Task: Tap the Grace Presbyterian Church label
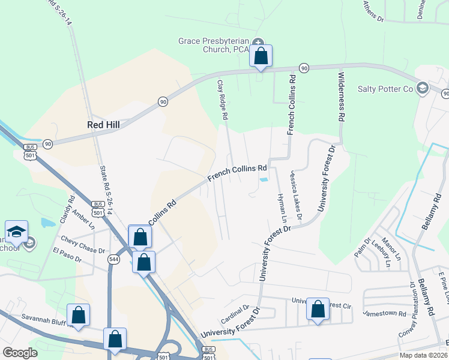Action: (214, 45)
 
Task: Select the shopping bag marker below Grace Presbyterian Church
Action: (261, 57)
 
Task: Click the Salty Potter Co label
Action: (385, 89)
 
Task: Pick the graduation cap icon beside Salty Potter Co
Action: (422, 89)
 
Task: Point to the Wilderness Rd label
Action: (342, 95)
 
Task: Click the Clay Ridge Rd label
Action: (221, 103)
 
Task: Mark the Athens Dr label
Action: (373, 11)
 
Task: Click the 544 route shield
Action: (113, 259)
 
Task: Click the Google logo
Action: (20, 353)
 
